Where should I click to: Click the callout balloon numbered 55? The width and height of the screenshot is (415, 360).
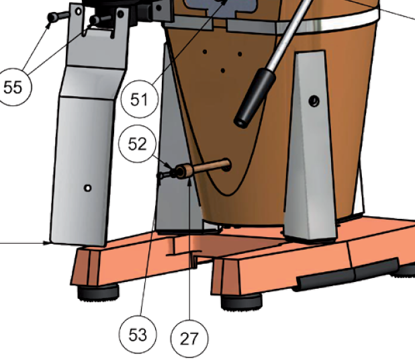13,87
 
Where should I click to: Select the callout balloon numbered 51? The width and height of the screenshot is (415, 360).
139,99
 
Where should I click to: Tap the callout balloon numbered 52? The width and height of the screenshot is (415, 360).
137,144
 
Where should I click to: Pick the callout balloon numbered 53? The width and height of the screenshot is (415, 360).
138,334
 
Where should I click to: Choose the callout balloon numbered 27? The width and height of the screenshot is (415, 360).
189,339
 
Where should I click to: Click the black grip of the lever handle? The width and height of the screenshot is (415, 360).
255,98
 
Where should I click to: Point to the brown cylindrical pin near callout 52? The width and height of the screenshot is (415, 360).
203,168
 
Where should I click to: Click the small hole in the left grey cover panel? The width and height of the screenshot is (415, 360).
87,188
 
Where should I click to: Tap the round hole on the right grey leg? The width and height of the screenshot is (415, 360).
314,101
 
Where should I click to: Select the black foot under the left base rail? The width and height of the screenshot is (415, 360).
98,292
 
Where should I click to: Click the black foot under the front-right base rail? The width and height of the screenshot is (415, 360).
241,302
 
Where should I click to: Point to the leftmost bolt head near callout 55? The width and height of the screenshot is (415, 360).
52,17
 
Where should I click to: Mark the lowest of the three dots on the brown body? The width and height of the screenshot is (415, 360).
222,71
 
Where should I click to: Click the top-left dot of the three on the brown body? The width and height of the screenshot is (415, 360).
205,52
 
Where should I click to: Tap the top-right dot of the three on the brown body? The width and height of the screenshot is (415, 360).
240,54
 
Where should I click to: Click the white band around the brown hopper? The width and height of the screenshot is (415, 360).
328,24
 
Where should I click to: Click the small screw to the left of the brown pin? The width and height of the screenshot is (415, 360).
165,175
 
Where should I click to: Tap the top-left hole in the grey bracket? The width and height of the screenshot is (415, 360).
79,11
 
